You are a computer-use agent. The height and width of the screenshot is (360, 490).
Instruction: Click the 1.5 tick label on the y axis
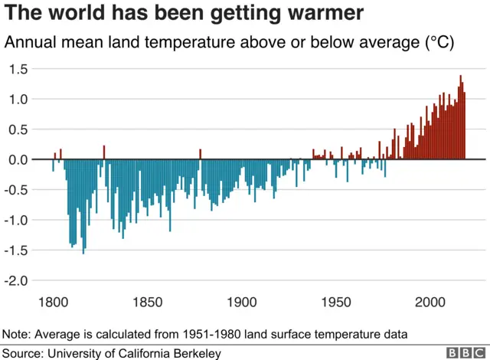click(18, 69)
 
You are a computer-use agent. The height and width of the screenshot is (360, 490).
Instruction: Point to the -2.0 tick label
click(16, 281)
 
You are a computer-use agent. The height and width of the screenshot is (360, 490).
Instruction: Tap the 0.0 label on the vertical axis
click(18, 160)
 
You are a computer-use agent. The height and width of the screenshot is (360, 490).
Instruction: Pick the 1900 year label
click(241, 302)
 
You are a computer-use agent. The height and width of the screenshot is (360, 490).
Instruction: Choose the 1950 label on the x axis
click(335, 302)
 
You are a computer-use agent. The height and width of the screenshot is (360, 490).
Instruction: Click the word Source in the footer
click(21, 353)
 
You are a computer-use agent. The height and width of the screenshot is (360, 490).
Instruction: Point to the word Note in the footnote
click(15, 335)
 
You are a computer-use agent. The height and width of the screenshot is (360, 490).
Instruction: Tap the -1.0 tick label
click(16, 221)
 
